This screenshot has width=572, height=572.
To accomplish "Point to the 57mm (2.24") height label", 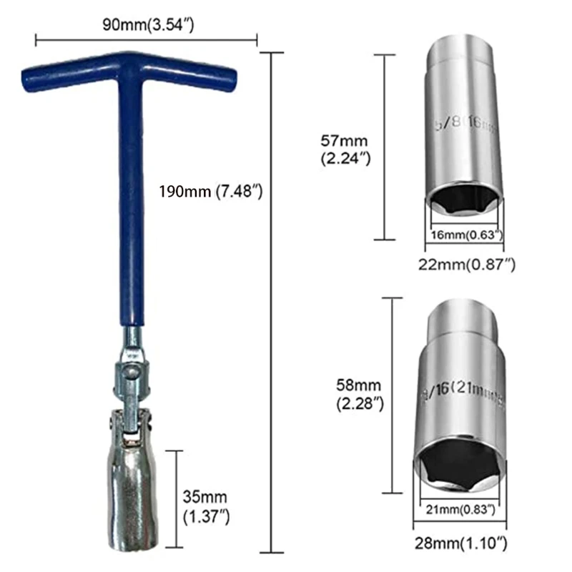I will tap(346, 148).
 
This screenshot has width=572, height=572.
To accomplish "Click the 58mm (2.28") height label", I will tap(360, 394).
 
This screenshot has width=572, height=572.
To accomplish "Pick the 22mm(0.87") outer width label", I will tap(466, 264).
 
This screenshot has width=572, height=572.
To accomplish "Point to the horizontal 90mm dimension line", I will tap(146, 40).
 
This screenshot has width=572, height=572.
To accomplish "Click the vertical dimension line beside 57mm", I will tap(385, 147).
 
